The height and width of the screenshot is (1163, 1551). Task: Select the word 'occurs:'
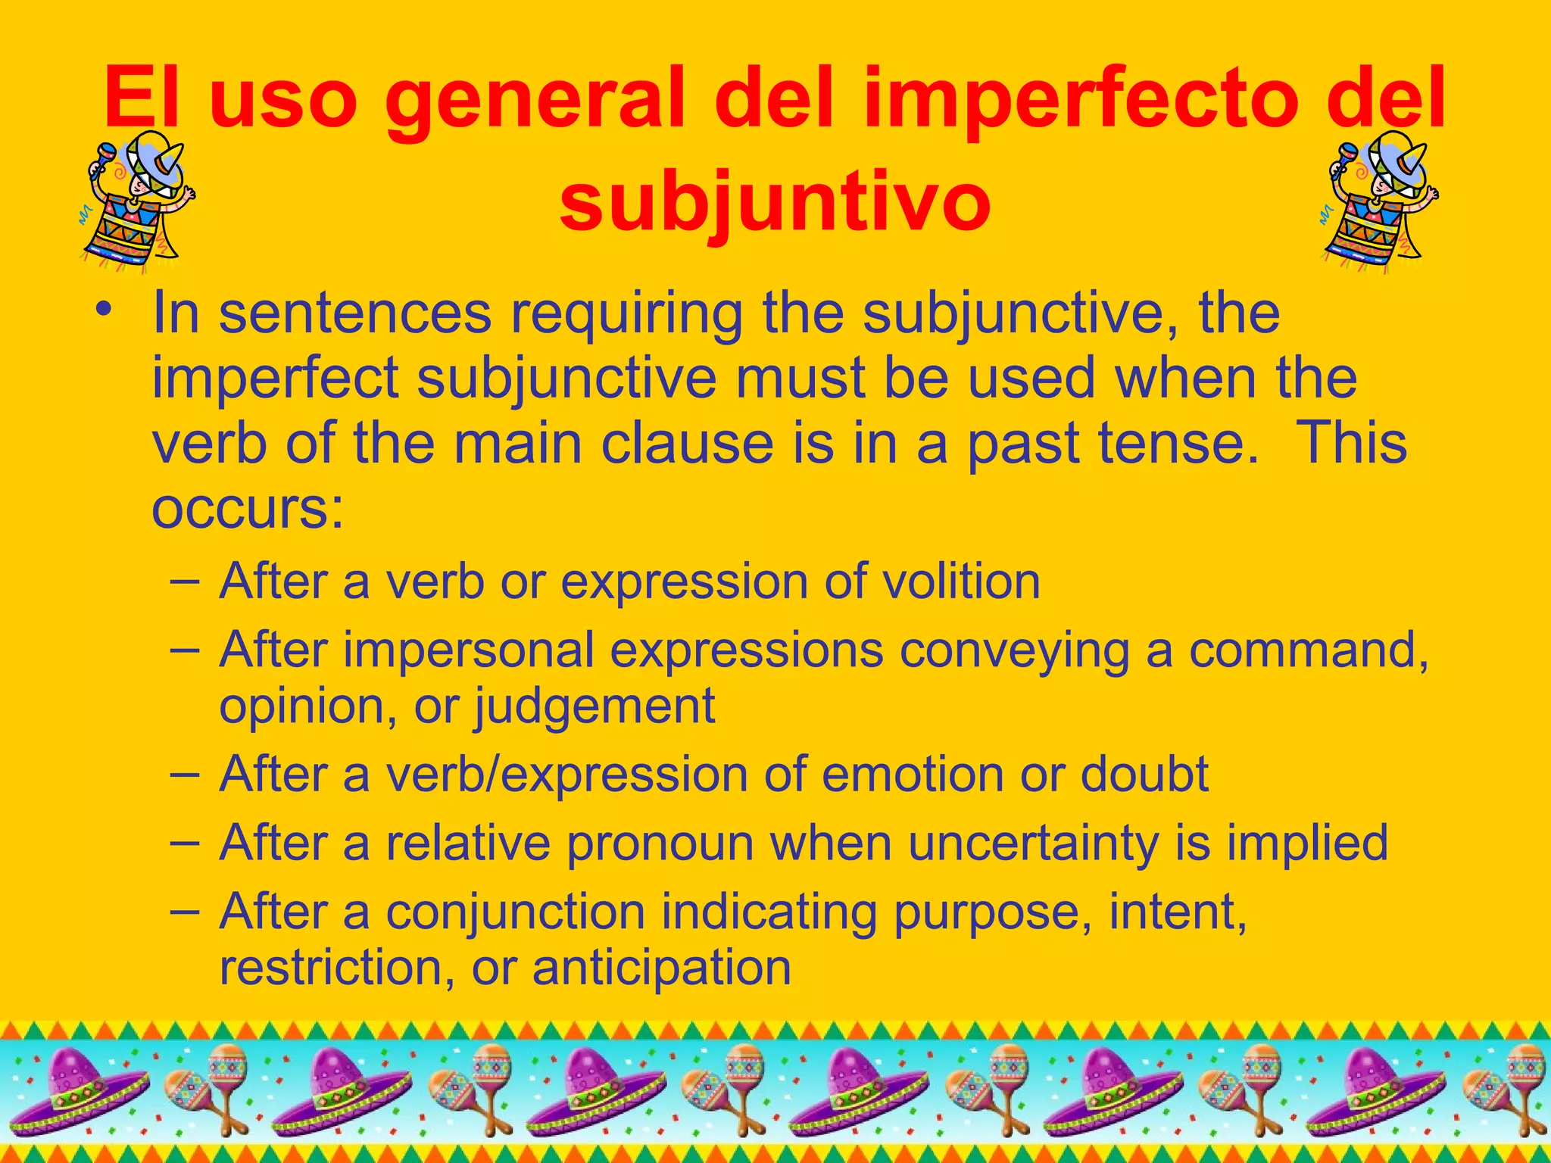click(x=248, y=508)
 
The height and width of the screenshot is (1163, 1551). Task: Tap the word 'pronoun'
click(x=660, y=843)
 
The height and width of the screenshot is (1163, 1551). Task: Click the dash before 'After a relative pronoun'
click(x=185, y=842)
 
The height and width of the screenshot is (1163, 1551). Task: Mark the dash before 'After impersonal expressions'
click(x=185, y=649)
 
